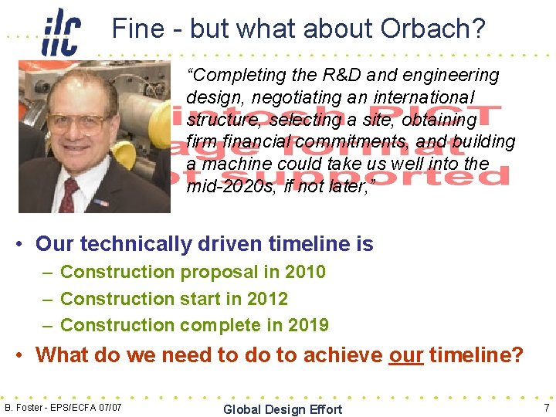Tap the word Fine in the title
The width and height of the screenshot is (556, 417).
pos(138,29)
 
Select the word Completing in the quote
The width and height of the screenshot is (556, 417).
pos(235,76)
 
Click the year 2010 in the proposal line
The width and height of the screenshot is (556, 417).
pos(305,272)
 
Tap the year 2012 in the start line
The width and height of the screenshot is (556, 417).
pos(267,299)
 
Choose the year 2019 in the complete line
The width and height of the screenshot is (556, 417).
pos(308,325)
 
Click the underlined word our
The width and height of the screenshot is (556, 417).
pos(405,355)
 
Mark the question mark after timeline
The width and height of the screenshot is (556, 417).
pos(517,355)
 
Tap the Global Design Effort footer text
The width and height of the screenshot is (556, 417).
pos(282,409)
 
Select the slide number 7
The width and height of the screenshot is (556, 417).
pos(545,407)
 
